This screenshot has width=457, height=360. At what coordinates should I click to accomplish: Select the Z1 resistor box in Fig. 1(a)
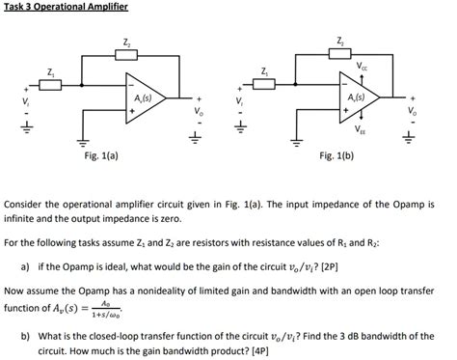tap(51, 85)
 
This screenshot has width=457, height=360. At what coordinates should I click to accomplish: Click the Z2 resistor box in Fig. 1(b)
tap(340, 53)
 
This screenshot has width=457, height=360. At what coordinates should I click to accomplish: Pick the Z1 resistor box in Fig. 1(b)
tap(264, 85)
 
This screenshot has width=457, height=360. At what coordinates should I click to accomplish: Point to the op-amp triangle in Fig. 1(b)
tap(360, 98)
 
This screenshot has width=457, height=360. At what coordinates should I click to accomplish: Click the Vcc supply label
tap(363, 67)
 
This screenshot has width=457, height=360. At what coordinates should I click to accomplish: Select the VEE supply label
tap(360, 129)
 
